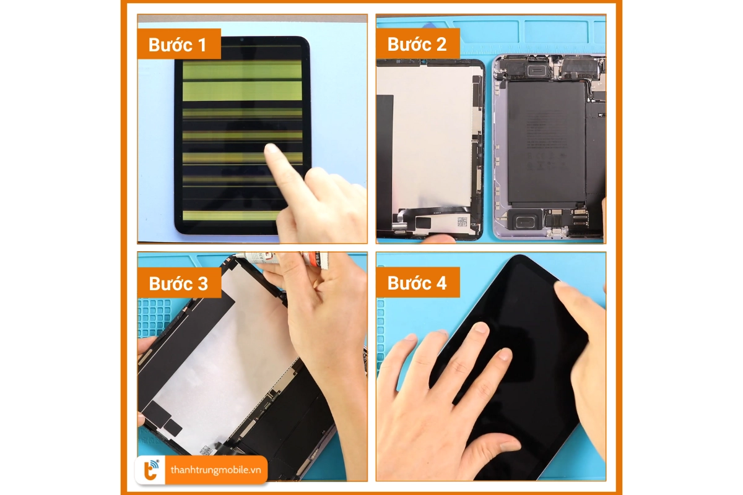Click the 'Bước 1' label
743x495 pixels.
[x=178, y=45]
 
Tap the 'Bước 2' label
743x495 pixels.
[x=417, y=45]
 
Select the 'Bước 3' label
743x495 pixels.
[x=178, y=283]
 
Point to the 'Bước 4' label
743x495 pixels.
[x=417, y=283]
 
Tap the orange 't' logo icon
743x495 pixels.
[x=151, y=470]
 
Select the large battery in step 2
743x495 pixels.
[x=545, y=142]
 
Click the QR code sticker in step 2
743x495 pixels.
[x=462, y=221]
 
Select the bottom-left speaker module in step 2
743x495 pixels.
[x=524, y=218]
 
